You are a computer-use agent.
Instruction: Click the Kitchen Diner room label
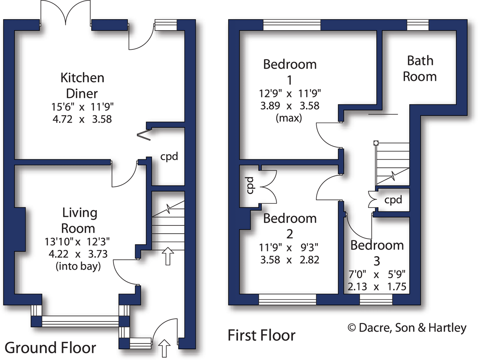pyautogui.click(x=82, y=86)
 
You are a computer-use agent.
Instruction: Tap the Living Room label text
pyautogui.click(x=79, y=220)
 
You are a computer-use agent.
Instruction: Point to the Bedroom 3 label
pyautogui.click(x=377, y=253)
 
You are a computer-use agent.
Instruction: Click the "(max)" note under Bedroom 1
pyautogui.click(x=289, y=118)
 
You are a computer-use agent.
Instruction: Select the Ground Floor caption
pyautogui.click(x=50, y=348)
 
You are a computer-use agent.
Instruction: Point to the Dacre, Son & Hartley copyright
pyautogui.click(x=407, y=328)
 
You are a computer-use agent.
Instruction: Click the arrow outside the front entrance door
pyautogui.click(x=165, y=348)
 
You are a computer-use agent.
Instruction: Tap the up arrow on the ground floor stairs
pyautogui.click(x=167, y=256)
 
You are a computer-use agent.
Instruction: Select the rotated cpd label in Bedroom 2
pyautogui.click(x=249, y=185)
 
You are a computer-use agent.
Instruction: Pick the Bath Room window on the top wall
pyautogui.click(x=418, y=25)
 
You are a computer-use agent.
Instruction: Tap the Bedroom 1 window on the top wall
pyautogui.click(x=292, y=25)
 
